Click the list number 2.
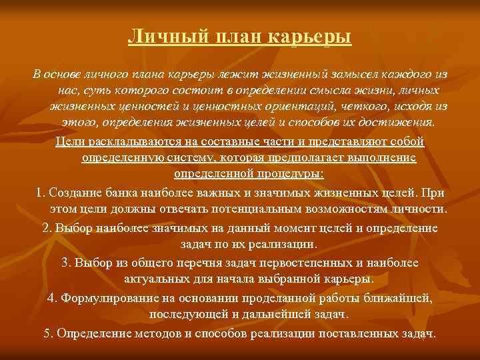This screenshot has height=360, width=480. (x=46, y=228)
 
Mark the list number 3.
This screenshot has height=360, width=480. (x=65, y=262)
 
